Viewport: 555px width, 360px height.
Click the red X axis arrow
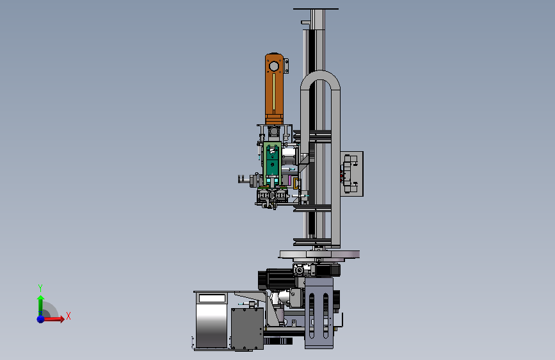[x=53, y=319]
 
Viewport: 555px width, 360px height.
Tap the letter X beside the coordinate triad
[x=68, y=316]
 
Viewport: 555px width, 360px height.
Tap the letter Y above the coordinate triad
[x=40, y=288]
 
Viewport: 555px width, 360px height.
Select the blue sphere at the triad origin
[x=41, y=319]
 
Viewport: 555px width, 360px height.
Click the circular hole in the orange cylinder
[x=274, y=66]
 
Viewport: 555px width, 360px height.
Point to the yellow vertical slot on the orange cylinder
[x=274, y=92]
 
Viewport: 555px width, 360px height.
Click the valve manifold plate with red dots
[x=351, y=174]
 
